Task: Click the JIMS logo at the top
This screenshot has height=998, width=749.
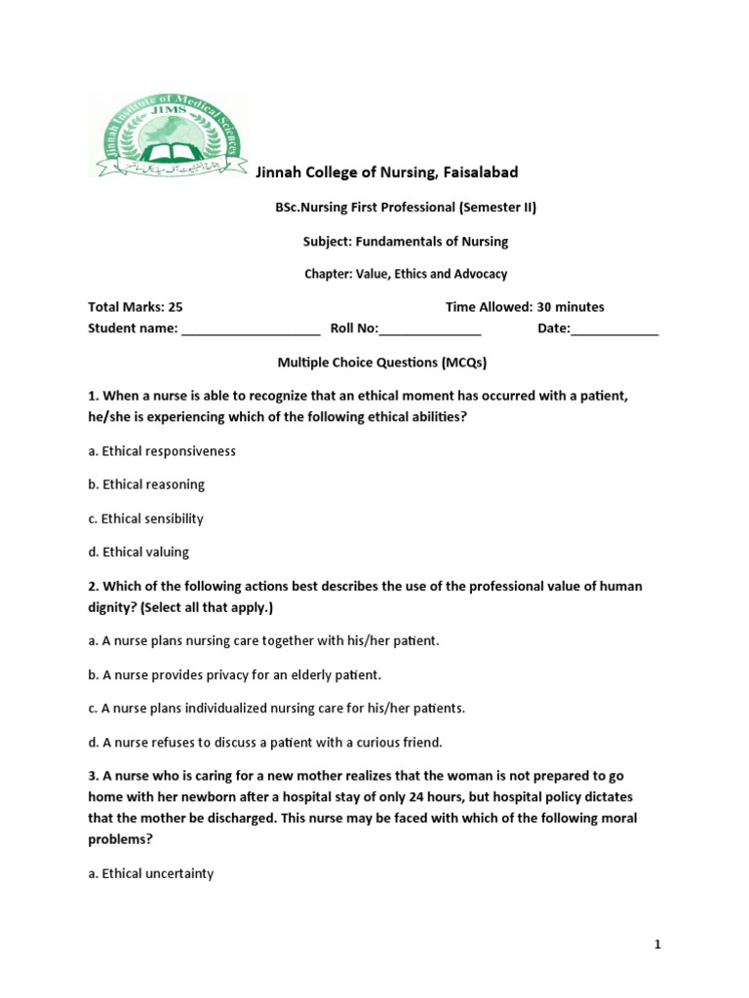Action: (168, 134)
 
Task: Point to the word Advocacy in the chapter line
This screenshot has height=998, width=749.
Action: (478, 274)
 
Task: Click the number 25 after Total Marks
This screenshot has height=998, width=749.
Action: (176, 307)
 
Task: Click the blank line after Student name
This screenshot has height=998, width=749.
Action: (251, 329)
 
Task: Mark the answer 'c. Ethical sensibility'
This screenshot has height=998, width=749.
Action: (145, 518)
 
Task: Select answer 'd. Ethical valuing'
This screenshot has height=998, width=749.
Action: (138, 552)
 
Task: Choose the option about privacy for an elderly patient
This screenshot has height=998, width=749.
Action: (234, 674)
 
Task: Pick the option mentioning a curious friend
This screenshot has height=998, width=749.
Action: (265, 742)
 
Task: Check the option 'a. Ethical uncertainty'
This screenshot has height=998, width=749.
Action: (151, 873)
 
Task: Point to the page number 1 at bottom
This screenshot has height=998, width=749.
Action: (658, 944)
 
